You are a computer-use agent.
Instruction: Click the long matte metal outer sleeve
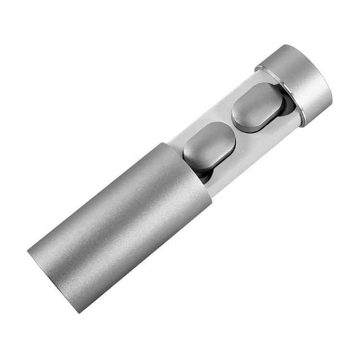(x=120, y=226)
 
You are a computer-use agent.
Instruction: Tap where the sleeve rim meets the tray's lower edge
(x=212, y=197)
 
